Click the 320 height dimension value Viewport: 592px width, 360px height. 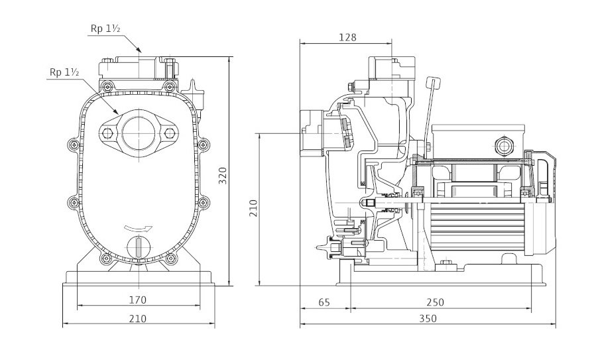(x=223, y=174)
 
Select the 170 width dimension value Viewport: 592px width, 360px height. (x=137, y=300)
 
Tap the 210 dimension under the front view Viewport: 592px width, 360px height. (x=137, y=319)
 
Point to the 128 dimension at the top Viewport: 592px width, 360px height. (x=347, y=38)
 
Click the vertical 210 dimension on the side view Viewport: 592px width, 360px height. (x=252, y=209)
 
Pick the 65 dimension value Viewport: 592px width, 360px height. (x=324, y=302)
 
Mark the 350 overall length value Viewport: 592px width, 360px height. (x=428, y=319)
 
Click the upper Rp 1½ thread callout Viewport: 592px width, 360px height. (x=104, y=28)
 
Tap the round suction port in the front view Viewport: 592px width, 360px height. (x=137, y=133)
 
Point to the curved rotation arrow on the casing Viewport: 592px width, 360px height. (x=138, y=229)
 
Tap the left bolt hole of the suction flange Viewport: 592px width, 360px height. (x=106, y=133)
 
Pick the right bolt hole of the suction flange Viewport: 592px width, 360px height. (x=170, y=133)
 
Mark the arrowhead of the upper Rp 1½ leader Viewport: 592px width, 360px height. (x=141, y=52)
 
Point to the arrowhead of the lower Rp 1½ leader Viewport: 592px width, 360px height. (x=117, y=114)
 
